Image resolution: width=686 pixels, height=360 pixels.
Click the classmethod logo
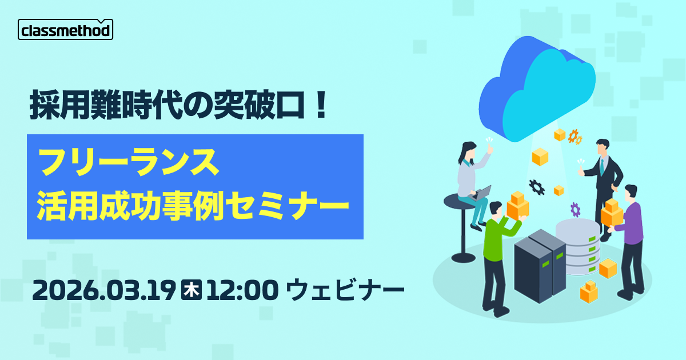(x=65, y=30)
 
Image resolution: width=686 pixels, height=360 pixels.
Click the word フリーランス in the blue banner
(x=128, y=163)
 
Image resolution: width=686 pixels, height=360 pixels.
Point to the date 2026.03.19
(x=103, y=290)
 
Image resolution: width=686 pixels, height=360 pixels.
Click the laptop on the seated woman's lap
(x=482, y=193)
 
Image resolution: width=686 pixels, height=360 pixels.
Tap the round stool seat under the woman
(x=458, y=200)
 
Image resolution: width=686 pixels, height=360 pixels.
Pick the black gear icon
(x=536, y=186)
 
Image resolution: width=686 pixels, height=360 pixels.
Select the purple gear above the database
(x=575, y=209)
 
